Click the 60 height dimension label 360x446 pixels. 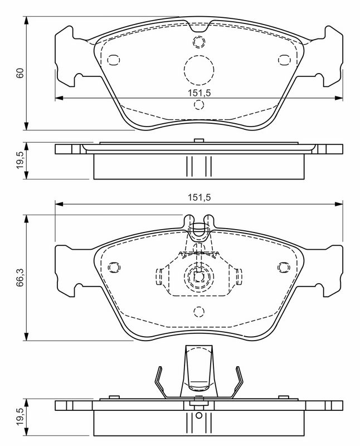20,74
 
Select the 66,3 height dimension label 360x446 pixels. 20,277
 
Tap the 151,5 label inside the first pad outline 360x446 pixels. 199,93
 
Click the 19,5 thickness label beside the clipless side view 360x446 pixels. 20,161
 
